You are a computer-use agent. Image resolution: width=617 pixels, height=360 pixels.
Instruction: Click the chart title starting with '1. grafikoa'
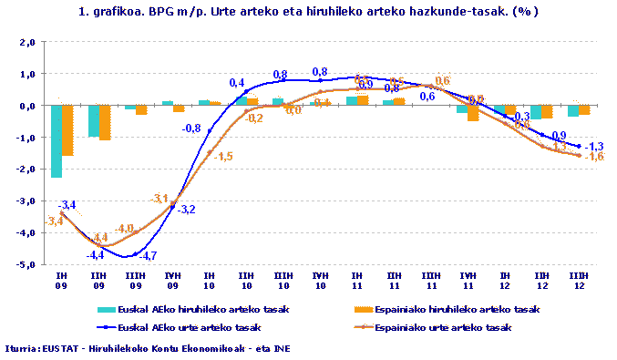click(x=308, y=12)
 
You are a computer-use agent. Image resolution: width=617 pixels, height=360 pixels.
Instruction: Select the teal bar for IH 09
click(x=57, y=140)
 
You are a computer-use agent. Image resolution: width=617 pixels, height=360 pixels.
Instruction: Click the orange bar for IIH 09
click(x=104, y=122)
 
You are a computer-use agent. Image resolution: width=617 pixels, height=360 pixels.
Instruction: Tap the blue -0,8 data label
click(x=191, y=129)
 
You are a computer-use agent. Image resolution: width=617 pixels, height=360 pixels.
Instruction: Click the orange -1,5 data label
click(x=222, y=156)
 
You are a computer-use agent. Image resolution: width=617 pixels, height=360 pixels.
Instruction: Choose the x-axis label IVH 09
click(x=172, y=279)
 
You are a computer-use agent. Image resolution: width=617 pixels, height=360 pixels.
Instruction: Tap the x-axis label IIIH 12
click(x=578, y=279)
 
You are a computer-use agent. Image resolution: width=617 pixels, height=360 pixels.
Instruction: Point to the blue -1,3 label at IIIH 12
click(x=593, y=146)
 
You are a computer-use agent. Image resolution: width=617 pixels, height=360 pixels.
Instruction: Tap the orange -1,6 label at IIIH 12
click(x=593, y=157)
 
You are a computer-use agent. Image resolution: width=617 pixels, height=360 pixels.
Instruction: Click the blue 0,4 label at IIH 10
click(x=237, y=83)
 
